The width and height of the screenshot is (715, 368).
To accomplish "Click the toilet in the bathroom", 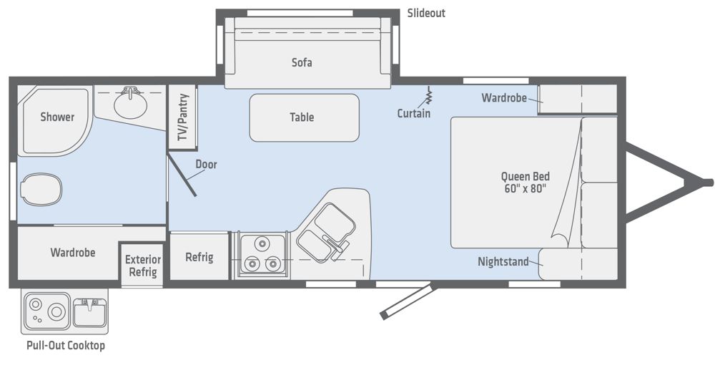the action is tap(41, 190).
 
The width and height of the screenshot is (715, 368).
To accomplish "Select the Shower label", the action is tap(57, 117).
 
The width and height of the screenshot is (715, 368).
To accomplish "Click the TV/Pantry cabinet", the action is tap(182, 117).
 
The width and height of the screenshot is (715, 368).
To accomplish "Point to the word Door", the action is tap(206, 165).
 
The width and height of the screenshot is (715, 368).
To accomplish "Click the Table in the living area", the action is tap(304, 118).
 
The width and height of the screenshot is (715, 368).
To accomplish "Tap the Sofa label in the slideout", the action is tap(302, 62).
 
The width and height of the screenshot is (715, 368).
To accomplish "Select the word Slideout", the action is tap(426, 13).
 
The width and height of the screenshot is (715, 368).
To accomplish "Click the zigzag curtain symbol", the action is tap(428, 95).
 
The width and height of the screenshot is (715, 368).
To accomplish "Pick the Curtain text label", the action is tap(413, 113).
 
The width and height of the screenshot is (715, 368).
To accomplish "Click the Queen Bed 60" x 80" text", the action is tap(526, 182).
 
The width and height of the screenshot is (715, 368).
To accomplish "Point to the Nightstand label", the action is tap(503, 261).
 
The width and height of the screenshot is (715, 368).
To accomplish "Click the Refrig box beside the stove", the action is tap(199, 256).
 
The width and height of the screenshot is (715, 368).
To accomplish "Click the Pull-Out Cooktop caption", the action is tap(66, 345).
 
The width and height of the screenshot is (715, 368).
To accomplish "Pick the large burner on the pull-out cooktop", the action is tap(56, 312).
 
